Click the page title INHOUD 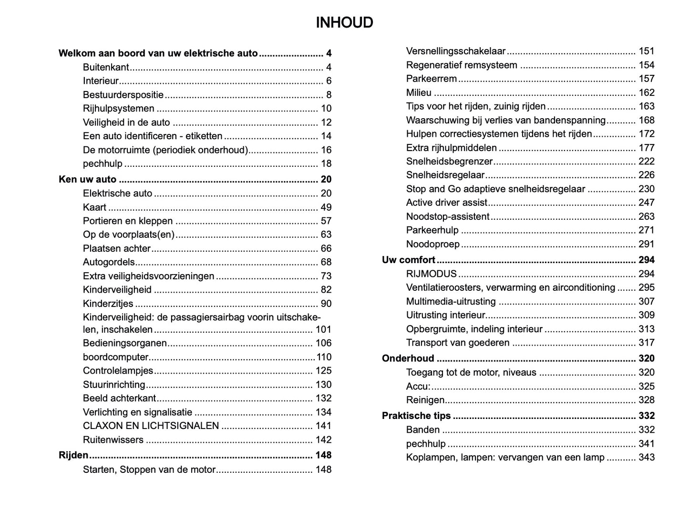pyautogui.click(x=344, y=22)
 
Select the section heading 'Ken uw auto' pyautogui.click(x=87, y=179)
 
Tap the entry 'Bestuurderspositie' pyautogui.click(x=123, y=95)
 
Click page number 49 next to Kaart pyautogui.click(x=326, y=207)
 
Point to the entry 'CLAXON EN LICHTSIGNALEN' pyautogui.click(x=151, y=426)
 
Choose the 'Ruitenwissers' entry pyautogui.click(x=113, y=439)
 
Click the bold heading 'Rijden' pyautogui.click(x=73, y=455)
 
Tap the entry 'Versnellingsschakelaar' pyautogui.click(x=455, y=51)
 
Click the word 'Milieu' pyautogui.click(x=419, y=92)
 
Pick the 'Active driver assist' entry pyautogui.click(x=447, y=203)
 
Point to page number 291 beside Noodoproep pyautogui.click(x=647, y=244)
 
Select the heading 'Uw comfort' pyautogui.click(x=408, y=260)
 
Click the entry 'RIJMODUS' pyautogui.click(x=431, y=274)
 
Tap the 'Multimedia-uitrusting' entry pyautogui.click(x=451, y=301)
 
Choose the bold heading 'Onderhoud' pyautogui.click(x=408, y=358)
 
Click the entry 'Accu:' pyautogui.click(x=418, y=386)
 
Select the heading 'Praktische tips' pyautogui.click(x=416, y=416)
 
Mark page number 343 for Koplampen pyautogui.click(x=647, y=457)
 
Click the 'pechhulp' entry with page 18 pyautogui.click(x=103, y=163)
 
